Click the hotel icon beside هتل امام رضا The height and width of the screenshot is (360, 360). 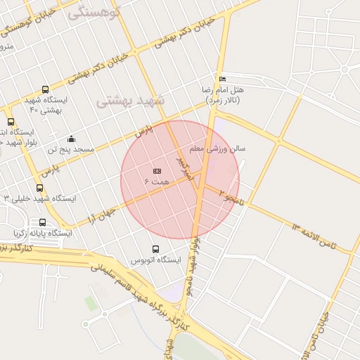pyautogui.click(x=223, y=79)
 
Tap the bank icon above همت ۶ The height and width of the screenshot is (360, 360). pyautogui.click(x=156, y=171)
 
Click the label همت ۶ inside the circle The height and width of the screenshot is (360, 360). pyautogui.click(x=157, y=182)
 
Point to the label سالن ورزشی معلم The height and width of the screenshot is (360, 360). pyautogui.click(x=217, y=150)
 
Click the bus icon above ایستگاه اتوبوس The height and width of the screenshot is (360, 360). pyautogui.click(x=155, y=249)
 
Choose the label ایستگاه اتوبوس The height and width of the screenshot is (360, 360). pyautogui.click(x=155, y=260)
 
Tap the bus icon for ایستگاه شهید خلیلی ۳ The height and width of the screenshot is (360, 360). pyautogui.click(x=39, y=188)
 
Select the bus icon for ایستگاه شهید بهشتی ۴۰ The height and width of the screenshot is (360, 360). pyautogui.click(x=45, y=90)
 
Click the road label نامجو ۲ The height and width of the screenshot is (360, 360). pyautogui.click(x=233, y=196)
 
